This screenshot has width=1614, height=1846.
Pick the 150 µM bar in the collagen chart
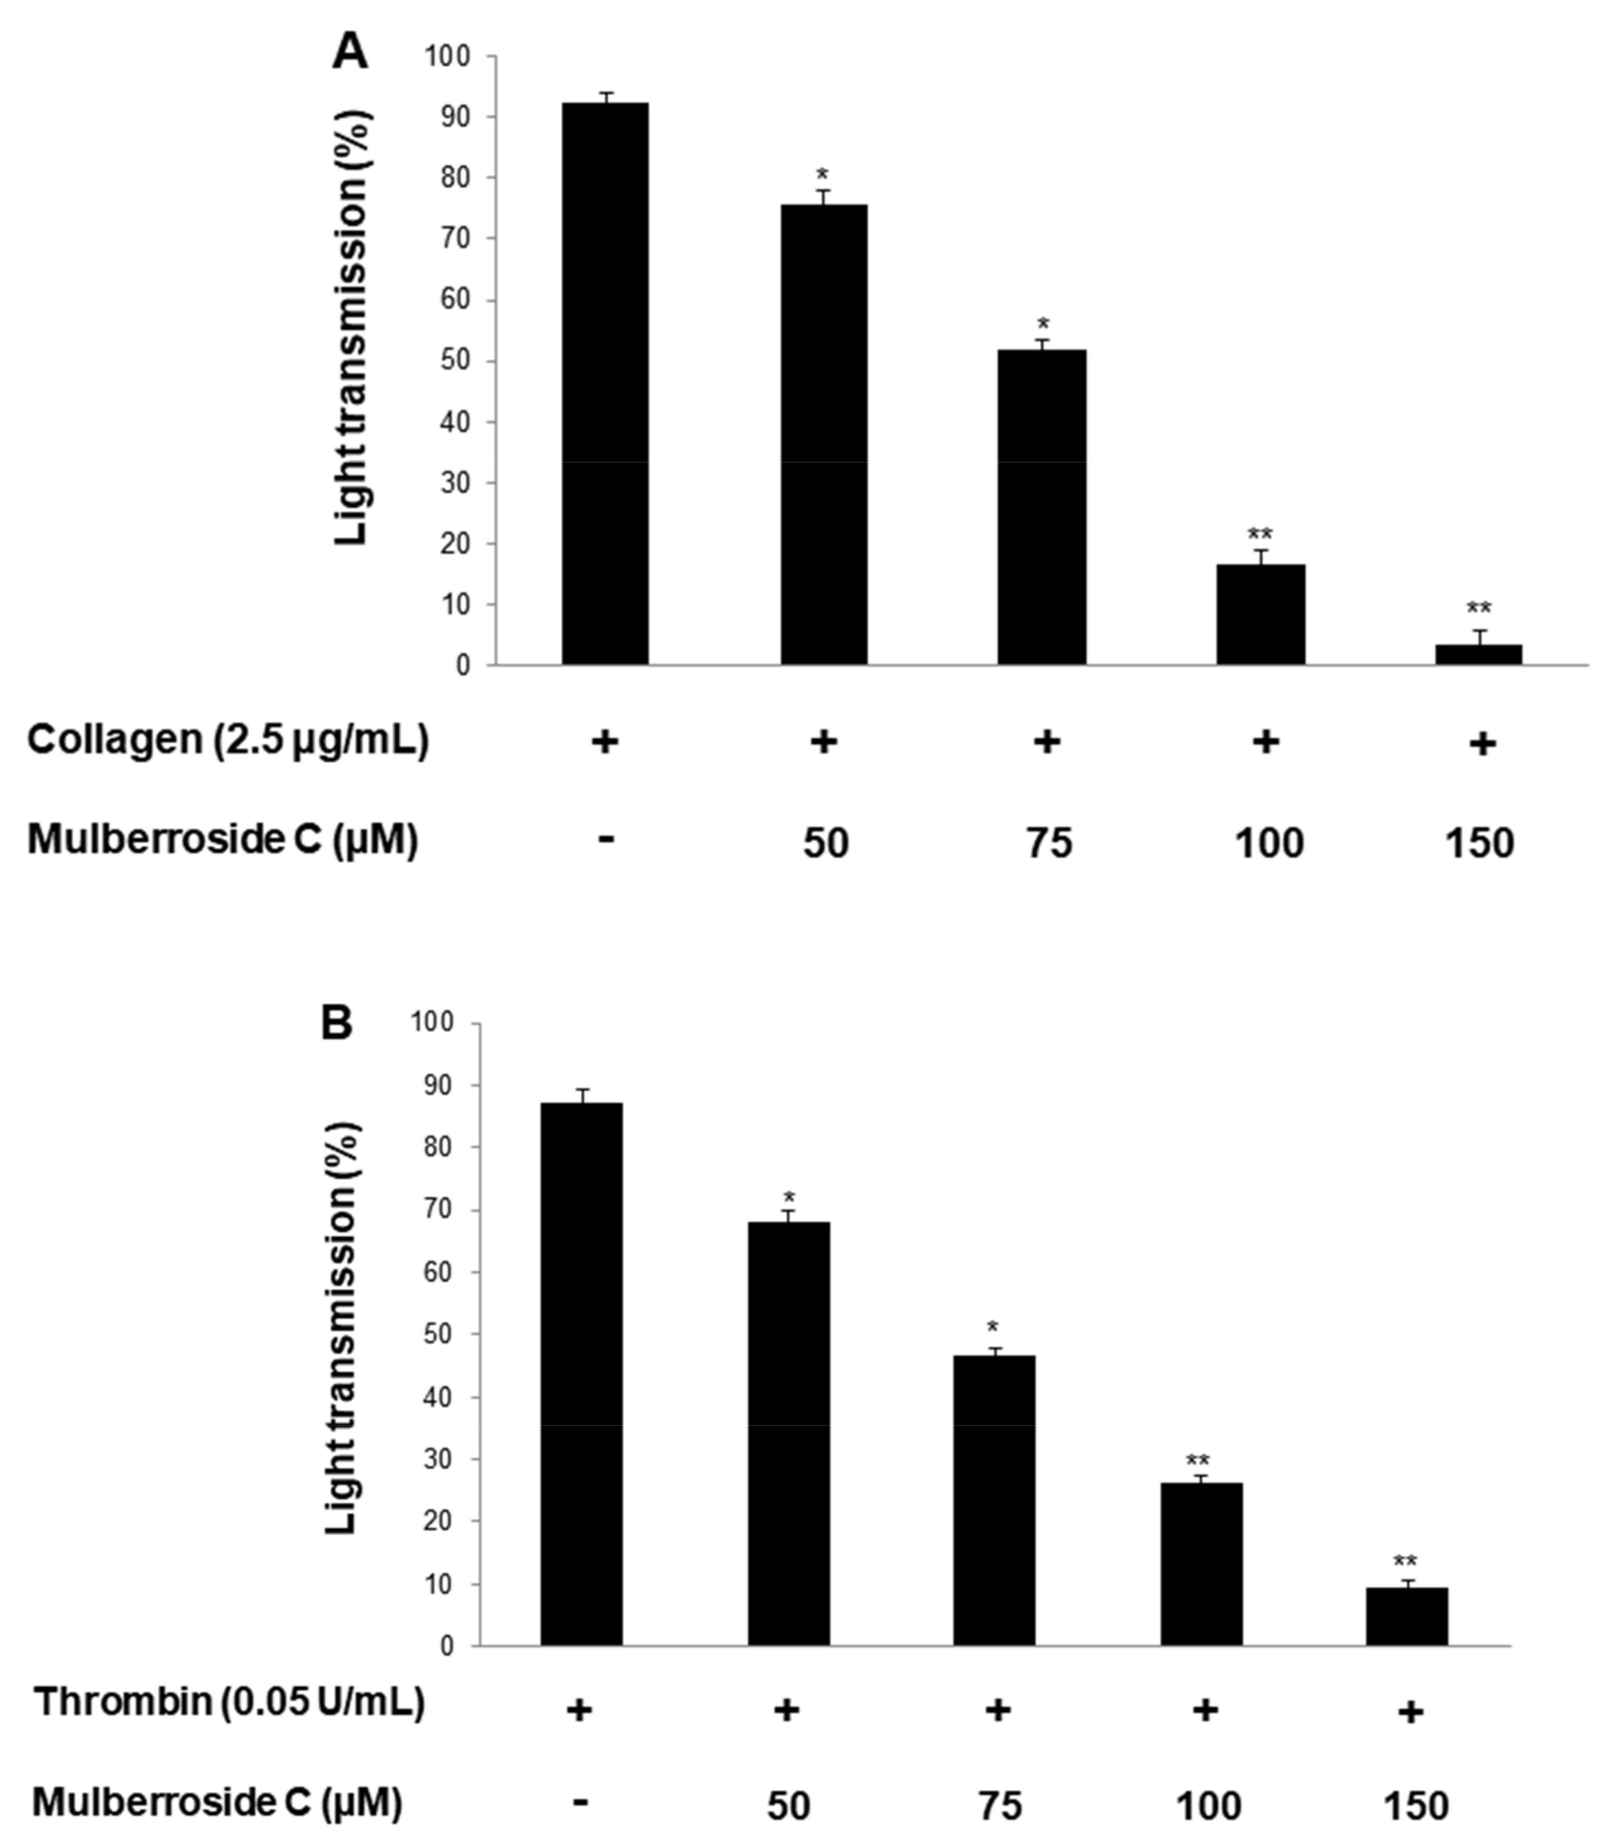pyautogui.click(x=1479, y=655)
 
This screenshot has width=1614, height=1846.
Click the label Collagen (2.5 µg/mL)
pyautogui.click(x=228, y=741)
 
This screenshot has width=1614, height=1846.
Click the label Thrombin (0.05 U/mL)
pyautogui.click(x=229, y=1704)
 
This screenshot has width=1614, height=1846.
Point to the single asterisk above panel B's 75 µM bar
pyautogui.click(x=992, y=1328)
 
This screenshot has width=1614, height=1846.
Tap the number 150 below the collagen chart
pyautogui.click(x=1480, y=843)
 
